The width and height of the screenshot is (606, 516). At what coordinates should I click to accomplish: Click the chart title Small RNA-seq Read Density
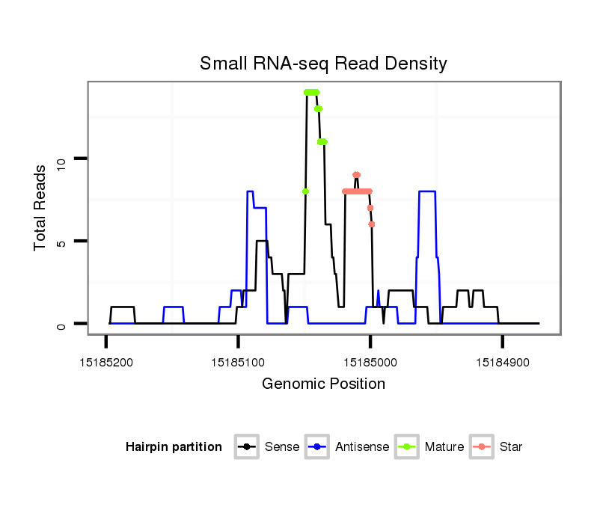[323, 64]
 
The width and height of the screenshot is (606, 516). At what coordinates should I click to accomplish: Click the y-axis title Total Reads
[42, 208]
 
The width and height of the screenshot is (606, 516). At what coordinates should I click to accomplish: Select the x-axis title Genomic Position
[323, 384]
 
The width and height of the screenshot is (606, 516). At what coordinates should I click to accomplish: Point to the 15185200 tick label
[105, 362]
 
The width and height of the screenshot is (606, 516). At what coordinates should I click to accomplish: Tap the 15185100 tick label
[238, 362]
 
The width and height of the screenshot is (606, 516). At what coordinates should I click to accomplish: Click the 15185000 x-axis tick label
[370, 362]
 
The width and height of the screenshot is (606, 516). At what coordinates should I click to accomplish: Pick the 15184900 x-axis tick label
[502, 362]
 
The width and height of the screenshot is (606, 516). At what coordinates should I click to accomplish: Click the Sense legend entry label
[282, 447]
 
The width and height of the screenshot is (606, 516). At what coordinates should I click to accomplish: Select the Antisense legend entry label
[362, 447]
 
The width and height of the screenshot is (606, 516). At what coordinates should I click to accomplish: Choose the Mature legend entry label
[444, 447]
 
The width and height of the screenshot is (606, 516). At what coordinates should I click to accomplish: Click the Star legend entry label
[510, 447]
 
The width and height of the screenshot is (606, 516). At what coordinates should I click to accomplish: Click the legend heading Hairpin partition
[174, 447]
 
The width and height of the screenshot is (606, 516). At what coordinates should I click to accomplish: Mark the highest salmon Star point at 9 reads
[356, 175]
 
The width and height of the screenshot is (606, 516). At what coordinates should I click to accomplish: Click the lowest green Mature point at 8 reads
[305, 191]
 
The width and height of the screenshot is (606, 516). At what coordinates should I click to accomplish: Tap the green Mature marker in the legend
[408, 447]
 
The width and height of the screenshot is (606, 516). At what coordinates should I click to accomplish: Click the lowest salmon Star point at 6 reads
[372, 224]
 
